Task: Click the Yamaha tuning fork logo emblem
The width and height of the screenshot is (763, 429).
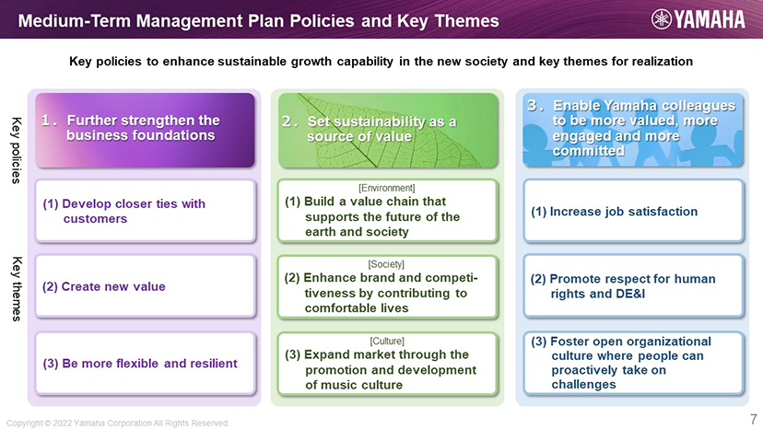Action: point(662,19)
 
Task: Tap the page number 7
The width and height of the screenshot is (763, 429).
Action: point(753,419)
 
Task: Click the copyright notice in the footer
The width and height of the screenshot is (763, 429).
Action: point(118,423)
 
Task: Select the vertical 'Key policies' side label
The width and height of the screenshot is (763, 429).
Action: point(16,150)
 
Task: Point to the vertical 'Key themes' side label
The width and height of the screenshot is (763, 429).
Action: point(16,289)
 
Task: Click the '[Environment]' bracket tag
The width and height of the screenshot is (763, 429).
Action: point(387,188)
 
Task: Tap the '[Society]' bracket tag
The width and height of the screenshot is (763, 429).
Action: point(386,264)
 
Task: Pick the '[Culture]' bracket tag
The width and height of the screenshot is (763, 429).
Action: point(387,341)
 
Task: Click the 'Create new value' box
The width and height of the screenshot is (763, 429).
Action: point(145,286)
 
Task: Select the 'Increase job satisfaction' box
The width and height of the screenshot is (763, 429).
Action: point(633,211)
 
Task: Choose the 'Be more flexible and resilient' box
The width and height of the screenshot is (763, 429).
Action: point(145,364)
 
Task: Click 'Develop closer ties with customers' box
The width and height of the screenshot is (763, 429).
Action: point(145,211)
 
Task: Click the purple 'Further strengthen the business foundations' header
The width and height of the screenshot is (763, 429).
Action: point(145,131)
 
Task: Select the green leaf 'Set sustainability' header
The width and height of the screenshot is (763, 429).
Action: point(388,131)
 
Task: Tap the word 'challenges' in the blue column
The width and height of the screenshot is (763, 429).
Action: point(583,384)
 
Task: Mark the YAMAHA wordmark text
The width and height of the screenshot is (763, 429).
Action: point(709,19)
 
